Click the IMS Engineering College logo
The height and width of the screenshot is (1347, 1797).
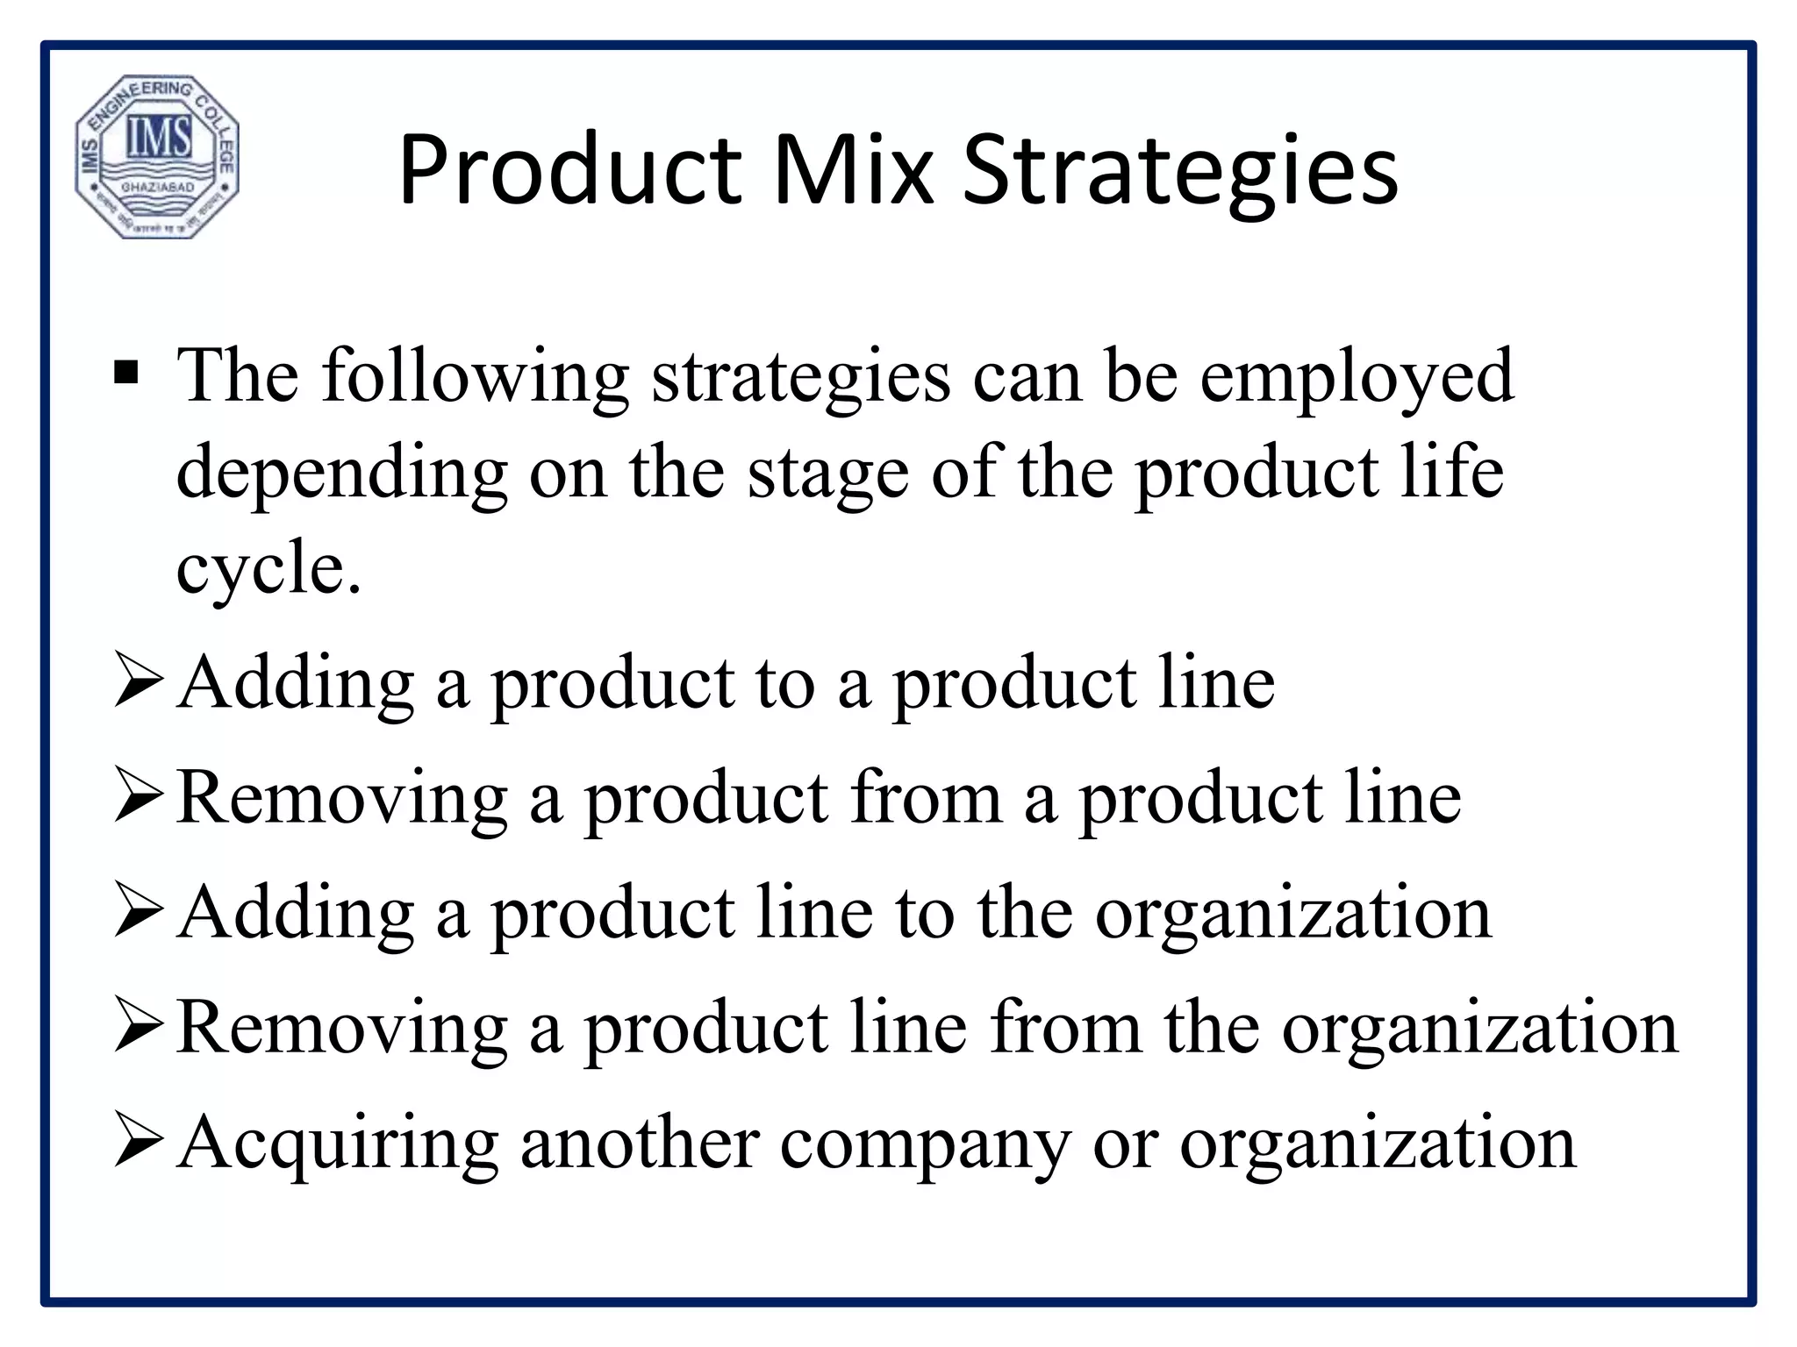click(x=157, y=156)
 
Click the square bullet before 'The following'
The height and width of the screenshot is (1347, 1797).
click(x=126, y=374)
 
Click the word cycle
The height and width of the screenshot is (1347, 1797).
click(x=268, y=570)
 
